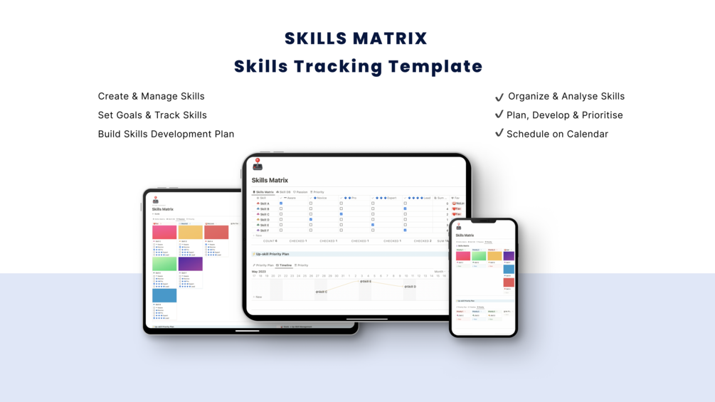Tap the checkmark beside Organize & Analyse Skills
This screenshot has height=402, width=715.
point(499,96)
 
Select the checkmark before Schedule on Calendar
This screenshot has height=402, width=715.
point(499,133)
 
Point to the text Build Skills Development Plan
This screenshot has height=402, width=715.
point(166,134)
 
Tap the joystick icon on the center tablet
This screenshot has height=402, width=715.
point(258,164)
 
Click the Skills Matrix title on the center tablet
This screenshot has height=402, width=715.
point(270,181)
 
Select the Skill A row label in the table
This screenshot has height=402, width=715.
point(264,203)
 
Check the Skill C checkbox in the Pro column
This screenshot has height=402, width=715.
point(341,214)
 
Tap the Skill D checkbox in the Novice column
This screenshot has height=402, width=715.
point(311,219)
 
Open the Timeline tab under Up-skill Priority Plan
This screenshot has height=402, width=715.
point(285,265)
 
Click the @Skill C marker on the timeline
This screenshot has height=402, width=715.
point(322,292)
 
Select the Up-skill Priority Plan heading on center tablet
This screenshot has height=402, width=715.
point(272,254)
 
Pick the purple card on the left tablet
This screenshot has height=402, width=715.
point(190,264)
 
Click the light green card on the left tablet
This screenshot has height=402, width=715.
point(164,264)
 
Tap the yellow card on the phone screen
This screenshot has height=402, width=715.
point(494,256)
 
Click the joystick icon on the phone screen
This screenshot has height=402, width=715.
point(459,226)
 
